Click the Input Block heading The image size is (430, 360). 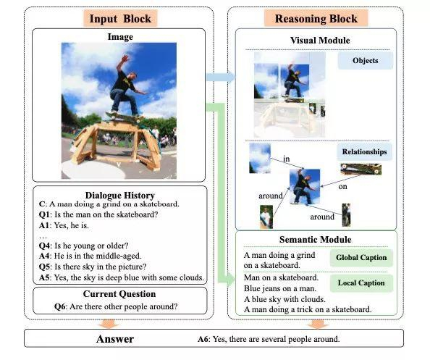point(120,18)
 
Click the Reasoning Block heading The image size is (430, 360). point(316,18)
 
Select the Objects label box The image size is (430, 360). point(366,60)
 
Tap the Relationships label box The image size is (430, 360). point(364,151)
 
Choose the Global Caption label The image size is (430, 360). point(361,258)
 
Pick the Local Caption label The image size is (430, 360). point(361,283)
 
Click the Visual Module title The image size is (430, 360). point(320,41)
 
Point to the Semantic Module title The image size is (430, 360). point(316,240)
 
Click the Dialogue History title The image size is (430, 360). point(120,195)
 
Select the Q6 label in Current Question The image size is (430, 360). point(60,306)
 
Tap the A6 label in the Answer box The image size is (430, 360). point(203,339)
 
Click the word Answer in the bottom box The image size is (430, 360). point(115,339)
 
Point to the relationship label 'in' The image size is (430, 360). point(286,159)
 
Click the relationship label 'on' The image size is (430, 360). point(343,187)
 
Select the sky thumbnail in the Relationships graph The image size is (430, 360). point(260,159)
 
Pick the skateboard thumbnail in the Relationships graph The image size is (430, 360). point(361,169)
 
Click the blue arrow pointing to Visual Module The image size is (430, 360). point(221,78)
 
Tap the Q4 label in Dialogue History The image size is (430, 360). point(45,246)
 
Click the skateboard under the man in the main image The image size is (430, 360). point(125,116)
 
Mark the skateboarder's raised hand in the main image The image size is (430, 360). point(125,58)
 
